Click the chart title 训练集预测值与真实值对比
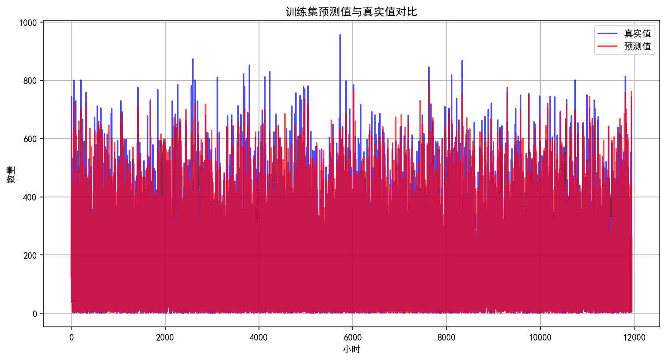pyautogui.click(x=351, y=12)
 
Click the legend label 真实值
pyautogui.click(x=637, y=34)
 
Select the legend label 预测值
pyautogui.click(x=637, y=46)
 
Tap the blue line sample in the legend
pyautogui.click(x=608, y=34)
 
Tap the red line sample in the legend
pyautogui.click(x=608, y=46)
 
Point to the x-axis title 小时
pyautogui.click(x=351, y=349)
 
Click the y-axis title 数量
pyautogui.click(x=11, y=174)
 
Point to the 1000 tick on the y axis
pyautogui.click(x=28, y=23)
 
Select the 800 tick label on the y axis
pyautogui.click(x=30, y=81)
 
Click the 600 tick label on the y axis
pyautogui.click(x=30, y=139)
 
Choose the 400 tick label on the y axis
pyautogui.click(x=30, y=197)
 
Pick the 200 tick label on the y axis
pyautogui.click(x=30, y=255)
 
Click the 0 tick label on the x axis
pyautogui.click(x=71, y=338)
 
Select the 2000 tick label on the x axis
pyautogui.click(x=165, y=338)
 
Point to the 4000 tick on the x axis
pyautogui.click(x=259, y=338)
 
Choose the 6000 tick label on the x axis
pyautogui.click(x=353, y=338)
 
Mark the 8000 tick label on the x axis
pyautogui.click(x=446, y=338)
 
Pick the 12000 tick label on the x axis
pyautogui.click(x=634, y=338)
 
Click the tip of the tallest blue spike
pyautogui.click(x=340, y=34)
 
